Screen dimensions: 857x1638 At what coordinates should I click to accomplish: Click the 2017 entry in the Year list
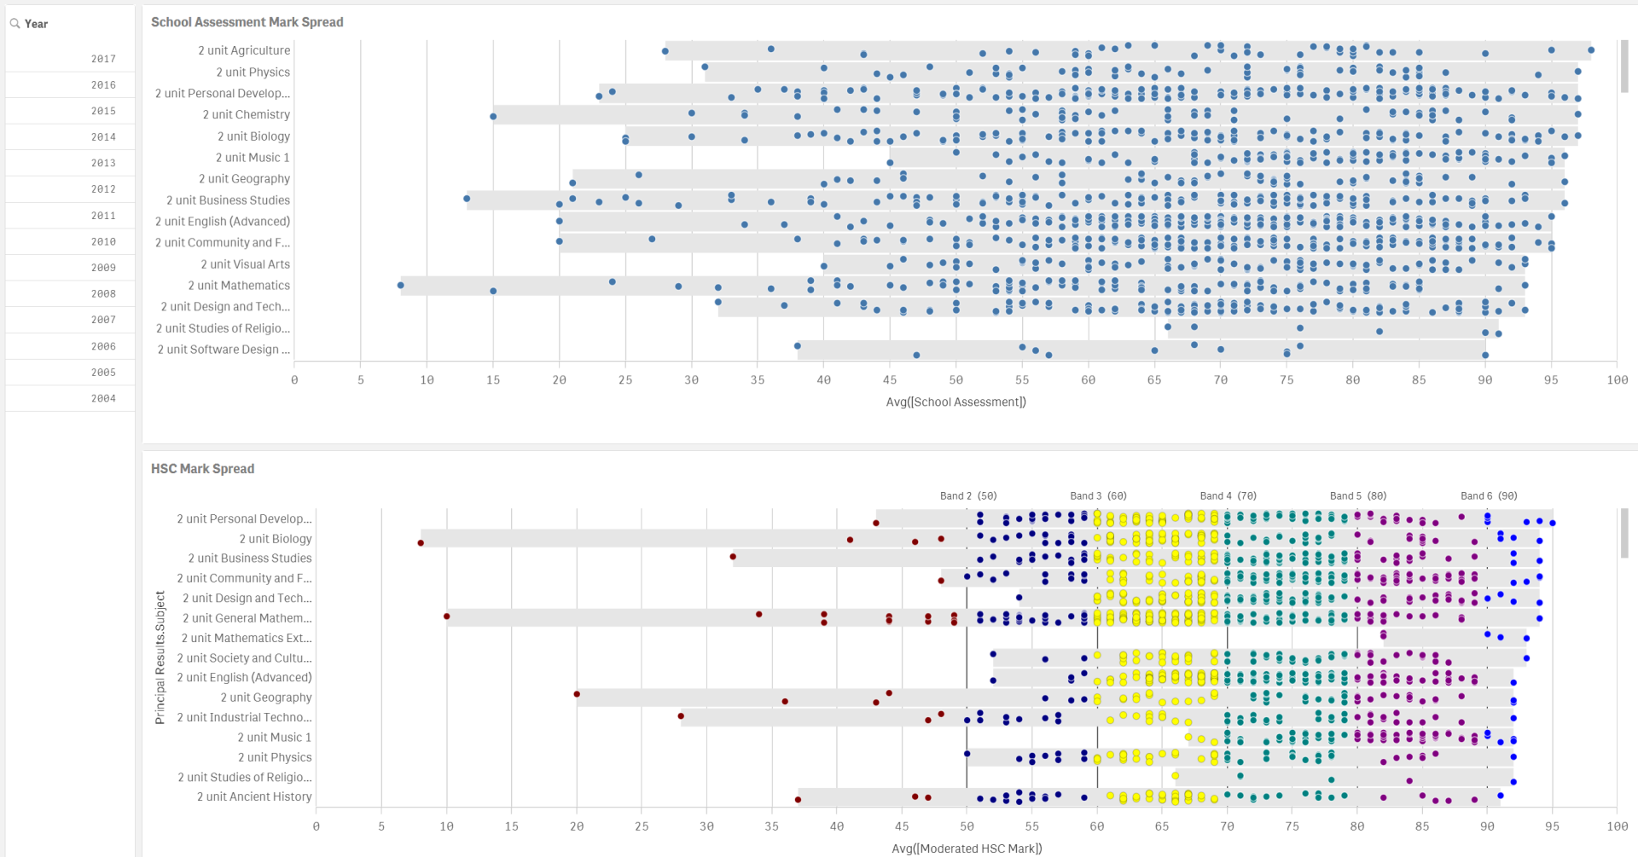coord(103,59)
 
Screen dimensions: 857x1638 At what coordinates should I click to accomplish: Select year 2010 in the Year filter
coord(103,242)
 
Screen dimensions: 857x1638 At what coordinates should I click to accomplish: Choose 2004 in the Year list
coord(103,398)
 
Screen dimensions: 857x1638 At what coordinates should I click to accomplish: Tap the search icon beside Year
coord(15,24)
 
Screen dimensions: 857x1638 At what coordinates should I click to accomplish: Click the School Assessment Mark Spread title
coord(247,22)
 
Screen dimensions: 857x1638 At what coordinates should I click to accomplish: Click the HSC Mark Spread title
coord(202,469)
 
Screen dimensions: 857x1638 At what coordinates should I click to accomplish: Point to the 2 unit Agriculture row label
coord(244,50)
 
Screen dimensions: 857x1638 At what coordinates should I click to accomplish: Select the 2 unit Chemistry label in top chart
coord(246,114)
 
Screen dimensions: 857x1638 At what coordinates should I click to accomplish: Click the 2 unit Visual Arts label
coord(245,264)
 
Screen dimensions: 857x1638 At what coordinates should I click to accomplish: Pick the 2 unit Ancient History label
coord(254,796)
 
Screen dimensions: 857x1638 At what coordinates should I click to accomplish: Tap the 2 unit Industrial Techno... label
coord(244,717)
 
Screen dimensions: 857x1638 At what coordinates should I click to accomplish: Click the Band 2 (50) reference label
coord(968,495)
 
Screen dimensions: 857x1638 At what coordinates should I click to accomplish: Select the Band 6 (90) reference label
coord(1489,495)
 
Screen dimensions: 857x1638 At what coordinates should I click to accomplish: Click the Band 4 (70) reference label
coord(1228,495)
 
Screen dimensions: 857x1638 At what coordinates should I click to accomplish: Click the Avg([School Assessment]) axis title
coord(955,402)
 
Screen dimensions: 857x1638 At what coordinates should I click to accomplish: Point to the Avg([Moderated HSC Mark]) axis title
coord(967,848)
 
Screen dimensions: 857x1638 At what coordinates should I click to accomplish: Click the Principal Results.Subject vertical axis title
coord(160,657)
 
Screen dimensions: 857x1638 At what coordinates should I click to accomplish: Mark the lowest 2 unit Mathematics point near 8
coord(401,286)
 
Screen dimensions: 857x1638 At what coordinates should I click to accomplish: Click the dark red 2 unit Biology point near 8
coord(421,543)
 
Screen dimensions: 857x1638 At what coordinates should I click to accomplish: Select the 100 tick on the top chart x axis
coord(1617,380)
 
